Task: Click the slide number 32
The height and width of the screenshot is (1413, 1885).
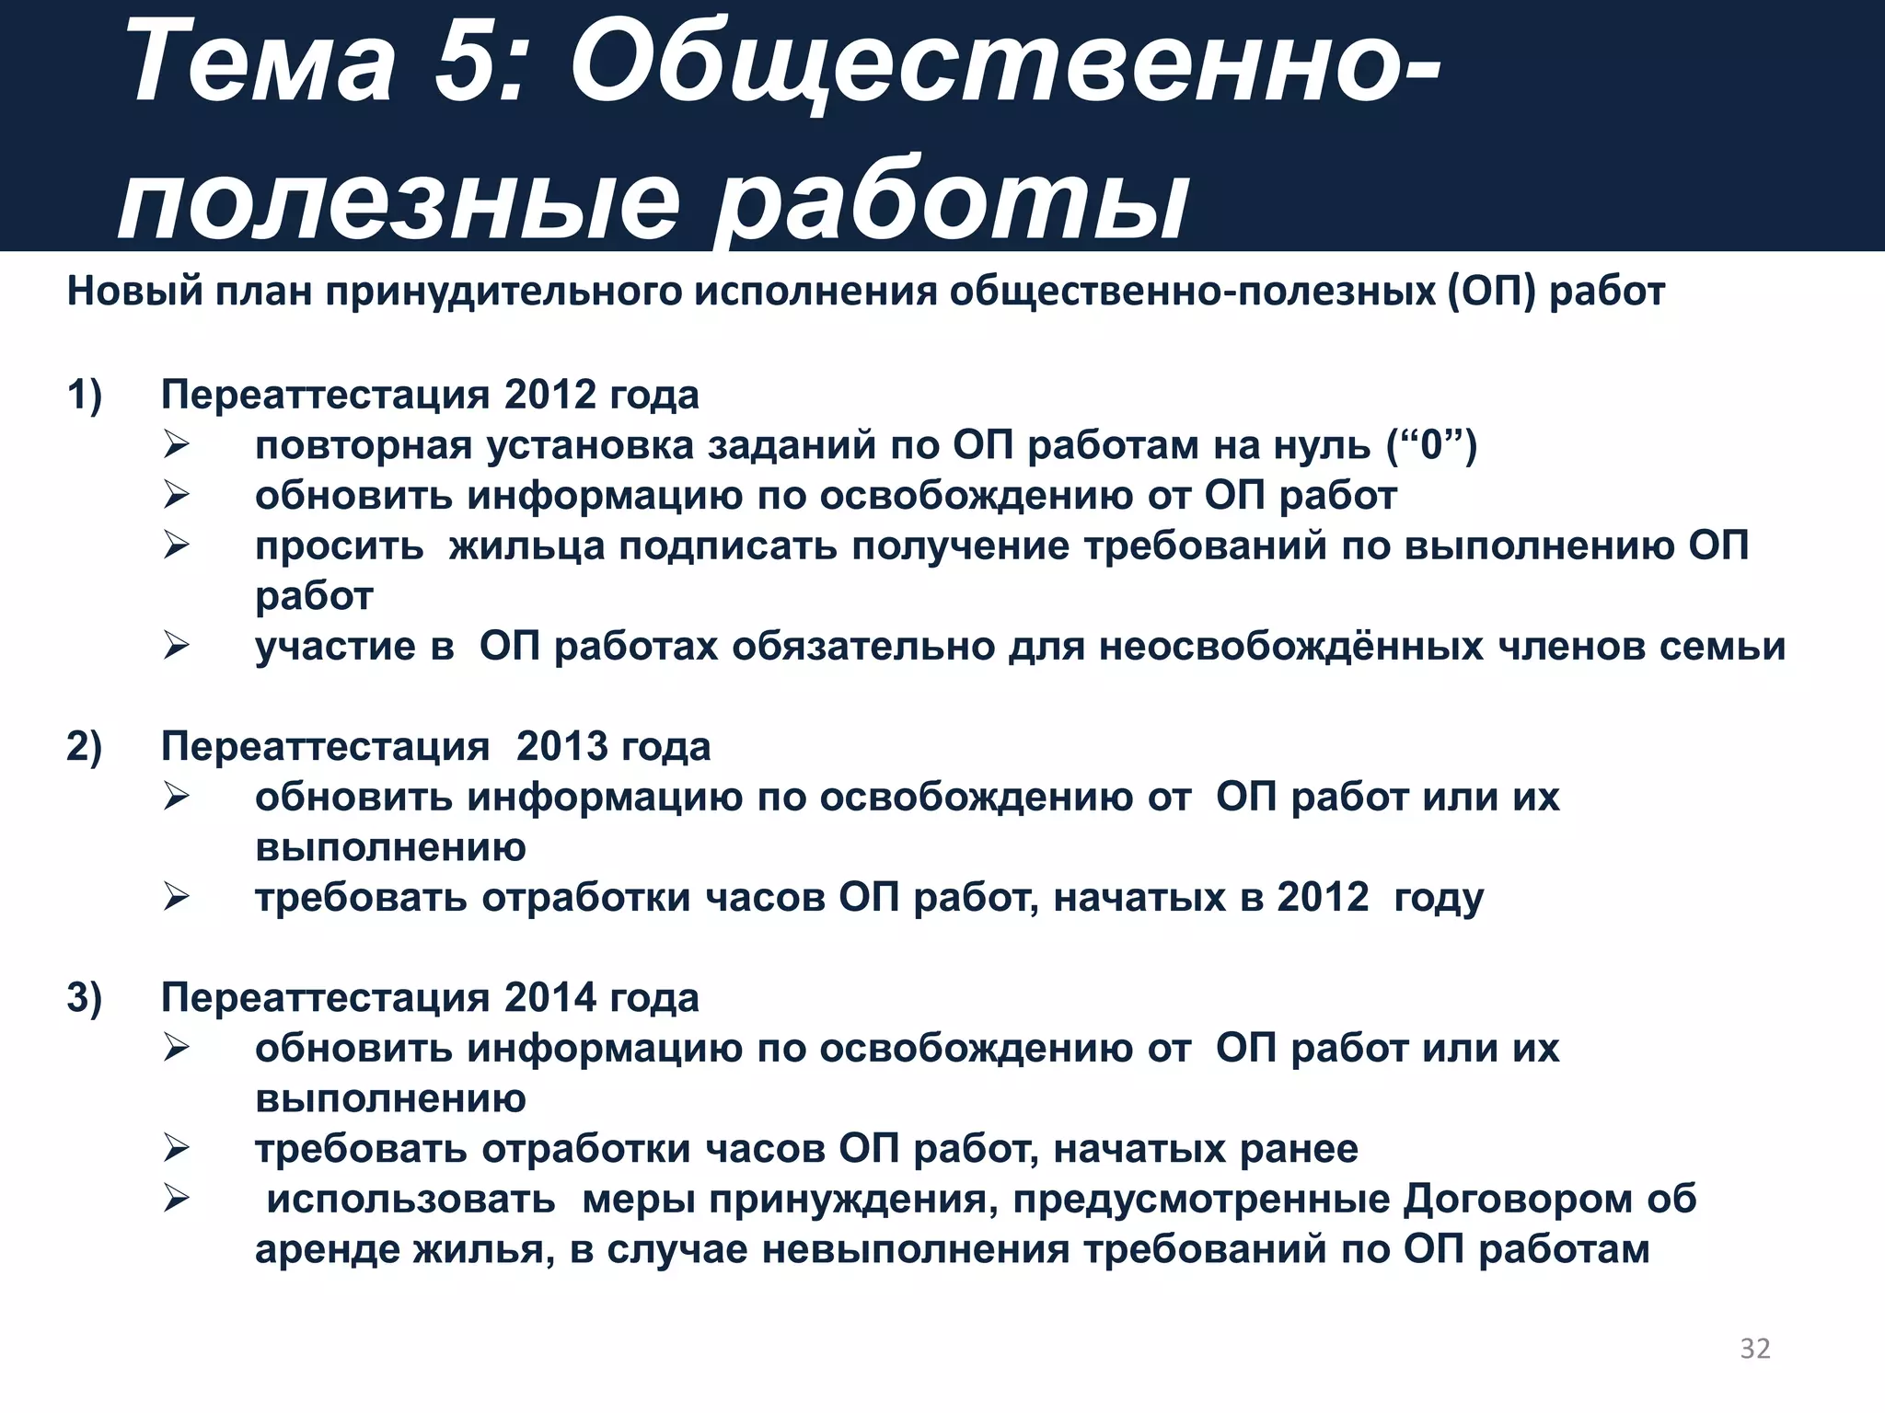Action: click(1754, 1348)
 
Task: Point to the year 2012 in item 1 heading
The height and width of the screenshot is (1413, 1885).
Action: click(550, 395)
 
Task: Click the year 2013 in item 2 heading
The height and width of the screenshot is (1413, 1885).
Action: click(561, 746)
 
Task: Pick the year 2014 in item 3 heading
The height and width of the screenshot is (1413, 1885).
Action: click(550, 998)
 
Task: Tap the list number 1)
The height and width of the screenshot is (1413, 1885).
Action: click(85, 395)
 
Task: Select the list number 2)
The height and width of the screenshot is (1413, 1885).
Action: click(85, 746)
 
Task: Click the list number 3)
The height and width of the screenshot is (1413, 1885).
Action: click(85, 998)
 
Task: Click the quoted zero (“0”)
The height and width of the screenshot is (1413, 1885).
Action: click(1431, 445)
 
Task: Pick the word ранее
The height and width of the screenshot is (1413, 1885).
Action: click(1299, 1150)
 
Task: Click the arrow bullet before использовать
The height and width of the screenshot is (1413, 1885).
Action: click(176, 1199)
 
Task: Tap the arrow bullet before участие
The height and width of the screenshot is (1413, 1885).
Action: click(176, 646)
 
